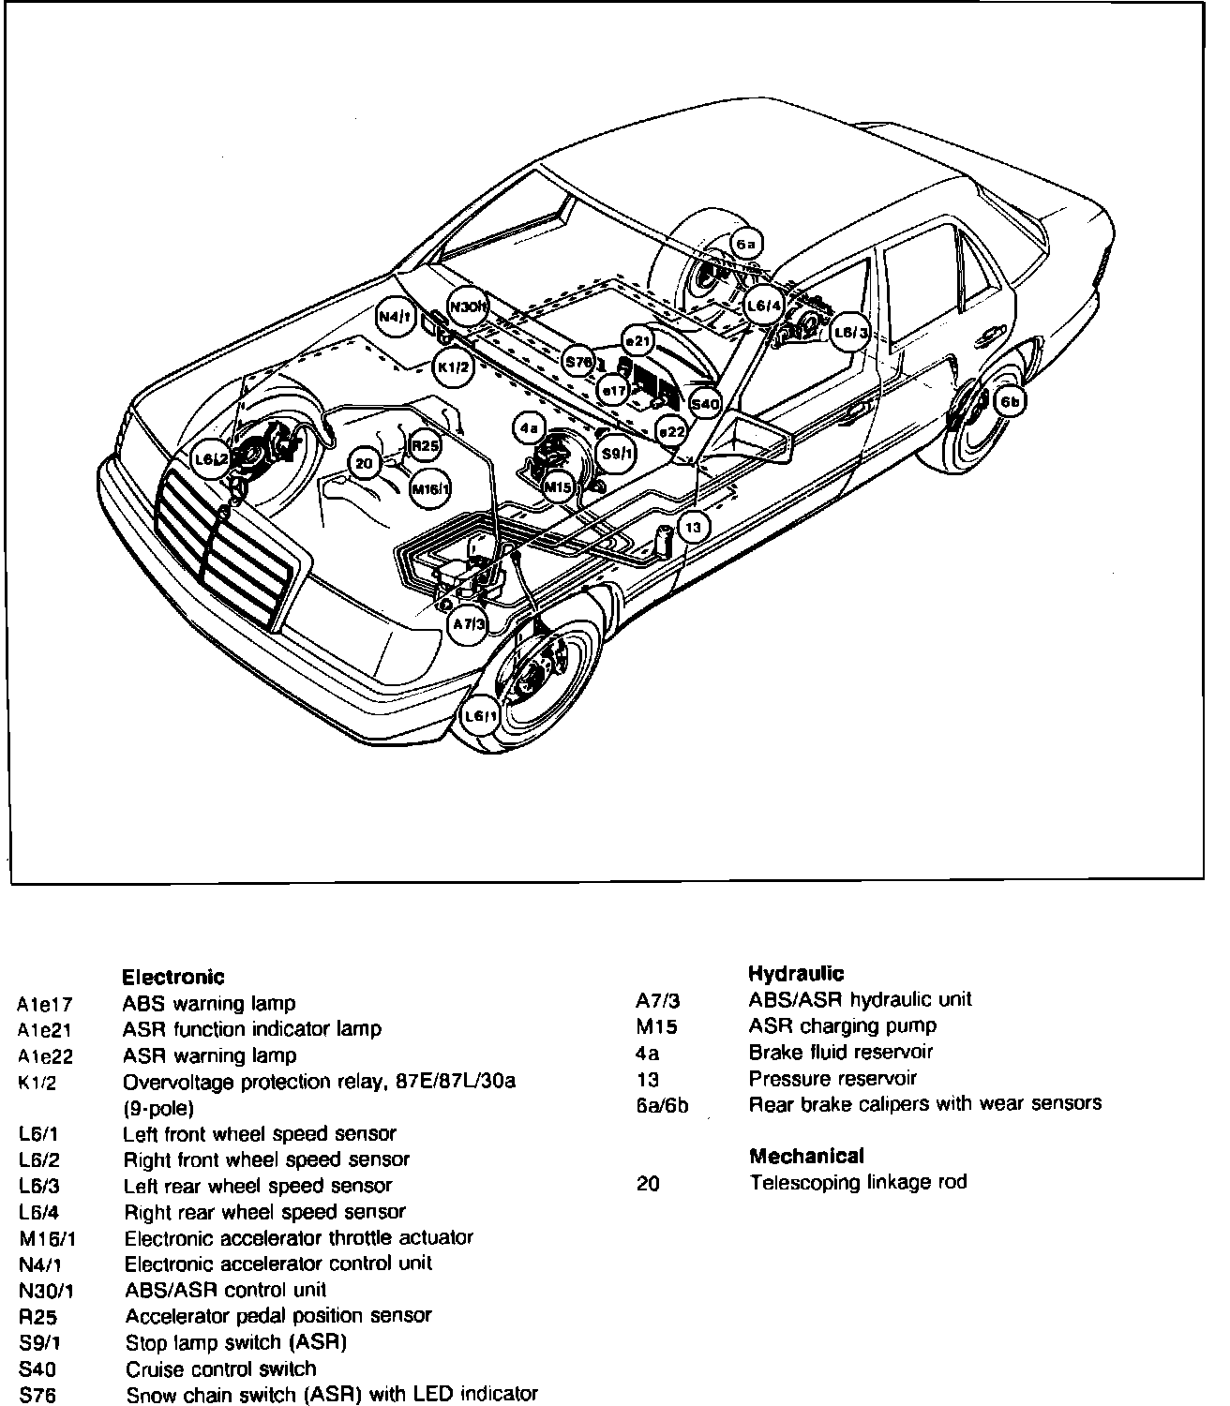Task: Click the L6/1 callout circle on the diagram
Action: (x=481, y=717)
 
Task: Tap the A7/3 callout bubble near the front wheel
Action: (x=467, y=624)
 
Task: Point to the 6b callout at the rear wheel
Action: (x=1010, y=403)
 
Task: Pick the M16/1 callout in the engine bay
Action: (x=430, y=488)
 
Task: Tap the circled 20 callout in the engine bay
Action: (x=366, y=462)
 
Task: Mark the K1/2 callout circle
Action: (x=454, y=367)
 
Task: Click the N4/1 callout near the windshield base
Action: (x=395, y=317)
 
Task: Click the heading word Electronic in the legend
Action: (x=173, y=978)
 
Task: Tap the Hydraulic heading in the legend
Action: (x=796, y=974)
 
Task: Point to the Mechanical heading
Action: (x=805, y=1156)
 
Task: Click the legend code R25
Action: (x=37, y=1316)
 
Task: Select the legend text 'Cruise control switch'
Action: (x=220, y=1369)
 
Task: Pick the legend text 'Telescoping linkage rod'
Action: (x=857, y=1182)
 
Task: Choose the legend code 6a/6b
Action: (x=662, y=1105)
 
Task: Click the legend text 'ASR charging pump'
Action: (x=842, y=1025)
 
